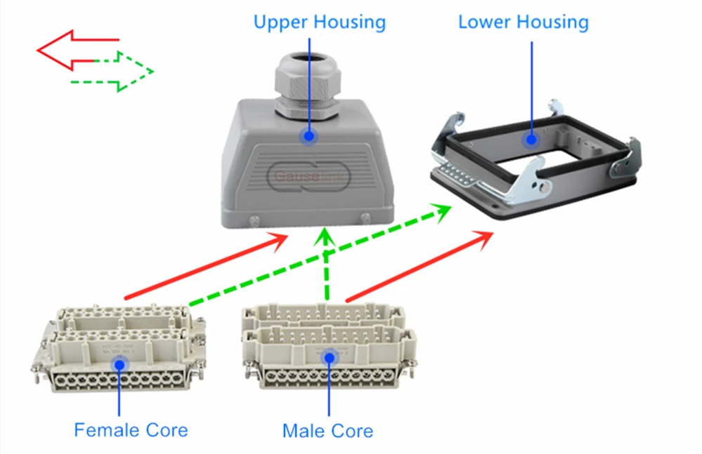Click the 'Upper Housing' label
point(319,22)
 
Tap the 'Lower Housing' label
point(523,22)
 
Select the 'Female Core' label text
point(131,429)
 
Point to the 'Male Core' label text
point(327,430)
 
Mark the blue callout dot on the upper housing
point(308,137)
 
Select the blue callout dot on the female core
point(119,363)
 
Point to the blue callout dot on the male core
point(327,359)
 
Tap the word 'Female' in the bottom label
point(105,429)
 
